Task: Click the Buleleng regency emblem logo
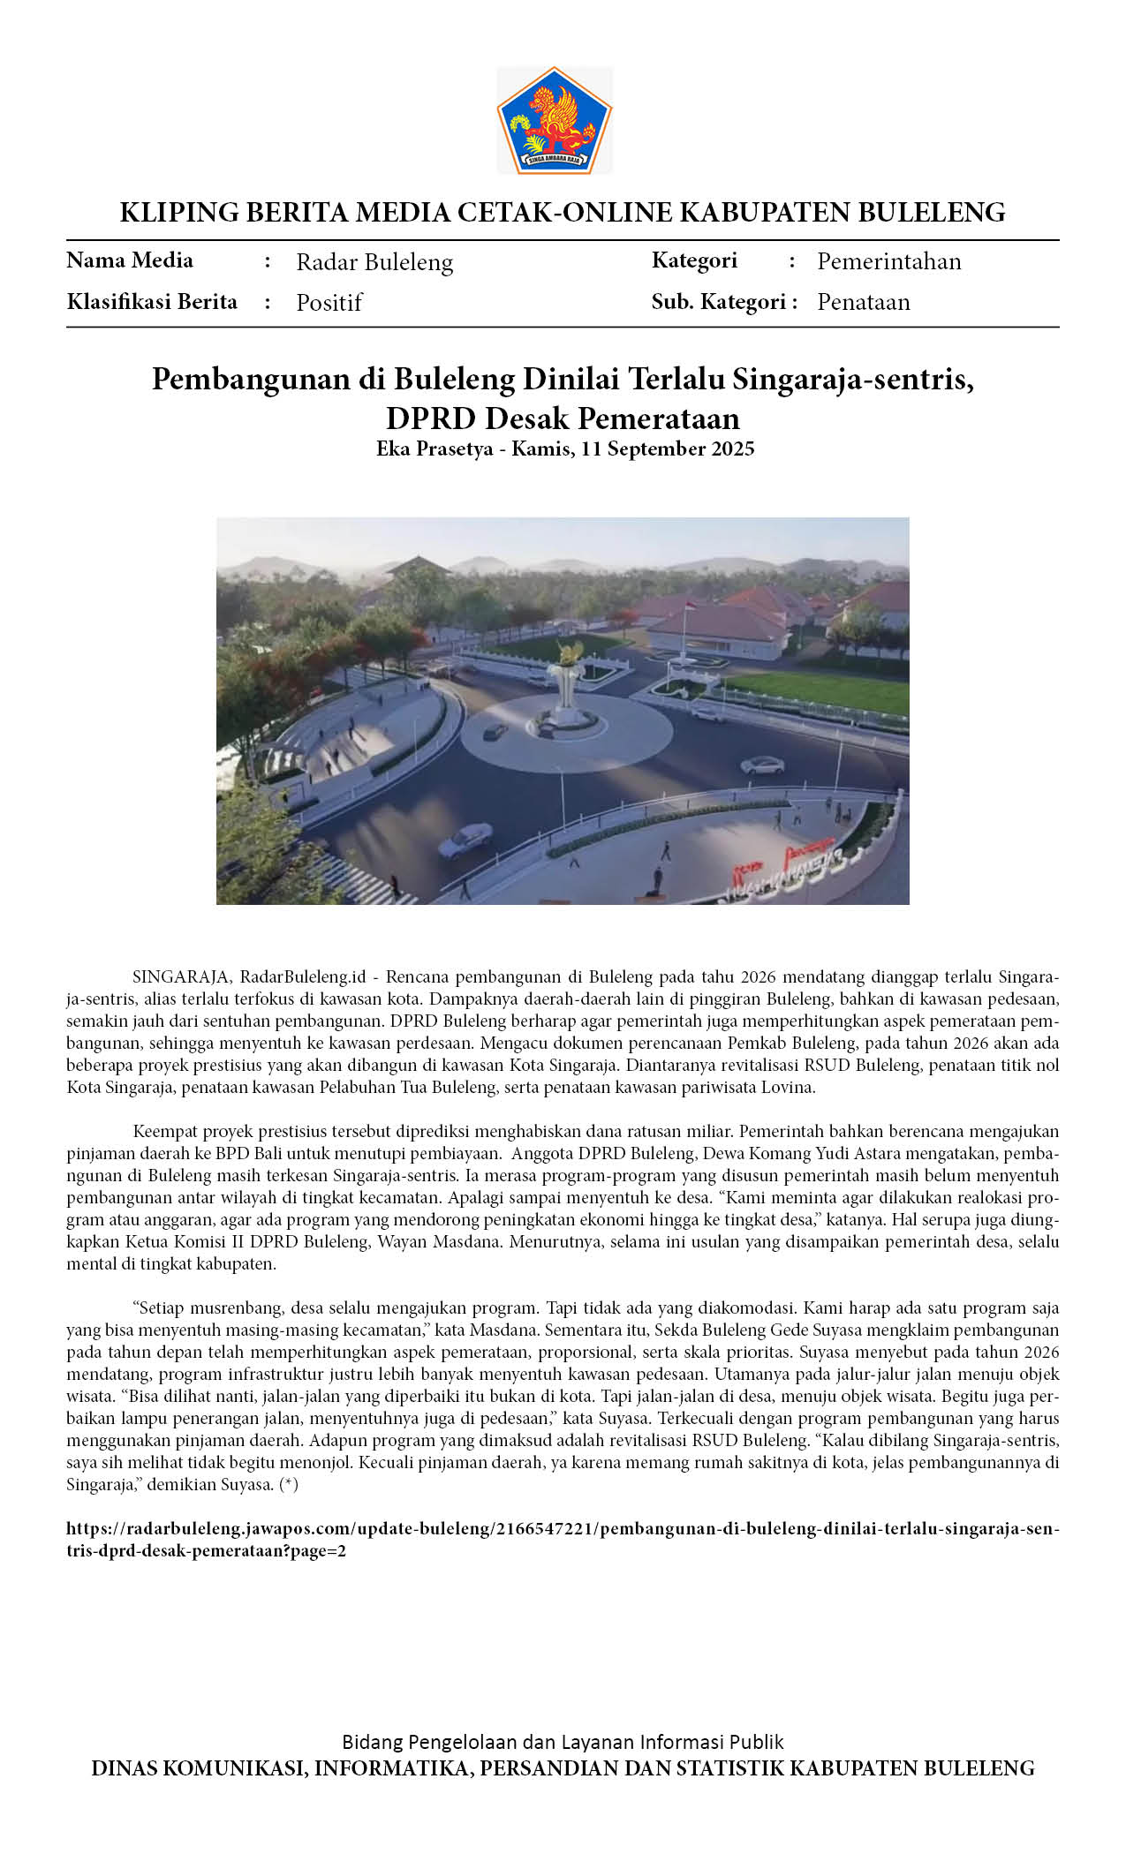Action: (555, 121)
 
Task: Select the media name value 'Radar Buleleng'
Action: (374, 262)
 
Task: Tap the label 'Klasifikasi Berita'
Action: (152, 302)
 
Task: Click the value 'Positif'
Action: (329, 303)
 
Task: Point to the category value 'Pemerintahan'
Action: (888, 261)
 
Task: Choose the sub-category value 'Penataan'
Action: (863, 302)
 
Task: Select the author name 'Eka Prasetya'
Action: (435, 448)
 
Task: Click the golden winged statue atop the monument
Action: (566, 654)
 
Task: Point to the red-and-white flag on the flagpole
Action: (691, 607)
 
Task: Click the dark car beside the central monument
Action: (495, 731)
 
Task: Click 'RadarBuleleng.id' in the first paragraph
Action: (303, 977)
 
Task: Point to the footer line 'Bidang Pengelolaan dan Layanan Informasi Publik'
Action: (563, 1741)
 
